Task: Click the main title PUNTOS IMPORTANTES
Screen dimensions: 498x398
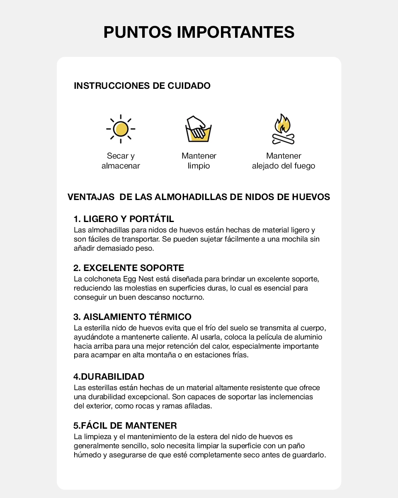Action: click(x=199, y=32)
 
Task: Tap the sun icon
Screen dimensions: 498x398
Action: click(x=121, y=129)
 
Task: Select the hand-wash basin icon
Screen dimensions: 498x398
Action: click(x=199, y=129)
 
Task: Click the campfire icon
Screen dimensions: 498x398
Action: click(x=284, y=129)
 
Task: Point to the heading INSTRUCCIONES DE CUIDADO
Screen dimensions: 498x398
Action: click(x=142, y=86)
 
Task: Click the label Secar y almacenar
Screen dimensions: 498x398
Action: click(x=121, y=161)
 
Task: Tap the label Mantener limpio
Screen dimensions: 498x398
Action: click(x=199, y=161)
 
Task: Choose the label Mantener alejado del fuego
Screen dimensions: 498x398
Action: click(x=284, y=161)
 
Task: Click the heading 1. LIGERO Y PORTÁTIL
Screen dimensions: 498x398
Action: click(x=124, y=219)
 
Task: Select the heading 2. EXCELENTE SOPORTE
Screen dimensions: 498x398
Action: click(x=129, y=268)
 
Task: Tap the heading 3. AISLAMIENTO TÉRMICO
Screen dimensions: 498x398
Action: click(x=133, y=317)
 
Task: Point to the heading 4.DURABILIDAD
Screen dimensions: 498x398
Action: click(x=109, y=377)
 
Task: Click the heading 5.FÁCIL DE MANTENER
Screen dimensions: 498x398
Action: click(x=125, y=426)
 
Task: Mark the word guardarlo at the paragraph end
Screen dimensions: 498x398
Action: click(x=311, y=455)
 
